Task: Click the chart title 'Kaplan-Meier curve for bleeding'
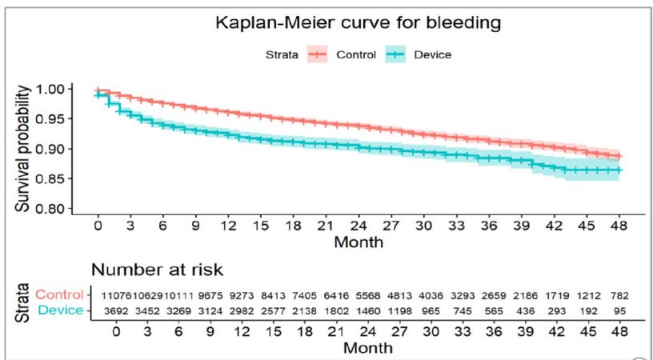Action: pyautogui.click(x=358, y=23)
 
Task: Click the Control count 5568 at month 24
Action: pyautogui.click(x=359, y=295)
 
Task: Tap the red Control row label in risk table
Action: pyautogui.click(x=58, y=295)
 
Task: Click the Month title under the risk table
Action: pyautogui.click(x=369, y=349)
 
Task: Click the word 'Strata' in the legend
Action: pyautogui.click(x=282, y=54)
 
